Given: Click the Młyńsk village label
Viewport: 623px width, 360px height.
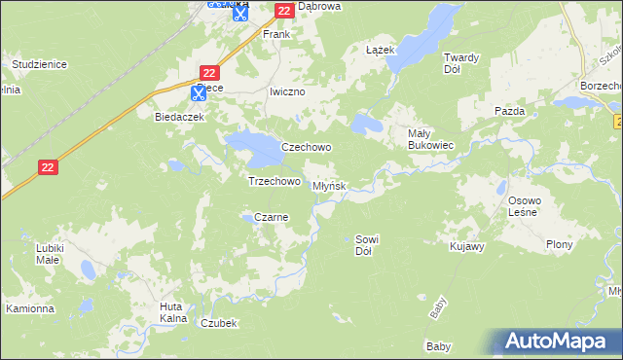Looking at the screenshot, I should coord(329,186).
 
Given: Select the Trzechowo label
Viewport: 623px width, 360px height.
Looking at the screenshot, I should coord(274,181).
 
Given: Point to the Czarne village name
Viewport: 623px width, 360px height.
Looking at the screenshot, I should coord(271,218).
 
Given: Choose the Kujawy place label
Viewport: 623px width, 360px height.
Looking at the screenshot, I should coord(467,247).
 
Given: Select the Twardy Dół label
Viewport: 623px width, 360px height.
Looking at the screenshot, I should coord(460,63).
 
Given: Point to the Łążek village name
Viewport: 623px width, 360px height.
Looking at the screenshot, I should coord(379,50).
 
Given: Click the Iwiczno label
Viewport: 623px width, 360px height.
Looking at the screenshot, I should coord(287,91).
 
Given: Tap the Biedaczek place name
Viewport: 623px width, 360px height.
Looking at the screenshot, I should coord(178,117).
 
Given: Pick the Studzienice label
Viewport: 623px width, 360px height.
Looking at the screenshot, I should coord(38,64).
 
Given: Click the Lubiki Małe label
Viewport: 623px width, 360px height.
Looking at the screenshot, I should coord(49,254).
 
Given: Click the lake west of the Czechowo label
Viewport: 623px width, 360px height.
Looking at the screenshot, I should coord(252,148).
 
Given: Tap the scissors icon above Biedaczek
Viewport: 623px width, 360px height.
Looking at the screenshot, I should coord(198,93).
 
